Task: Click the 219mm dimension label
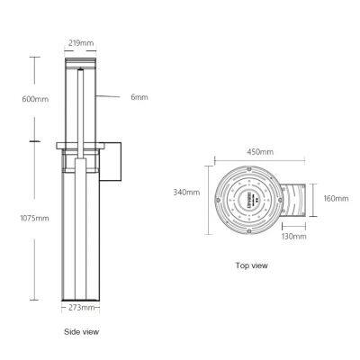click(80, 42)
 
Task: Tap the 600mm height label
click(16, 98)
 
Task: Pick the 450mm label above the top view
click(260, 152)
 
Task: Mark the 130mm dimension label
click(293, 237)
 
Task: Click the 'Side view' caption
click(81, 332)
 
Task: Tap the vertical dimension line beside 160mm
click(317, 199)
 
